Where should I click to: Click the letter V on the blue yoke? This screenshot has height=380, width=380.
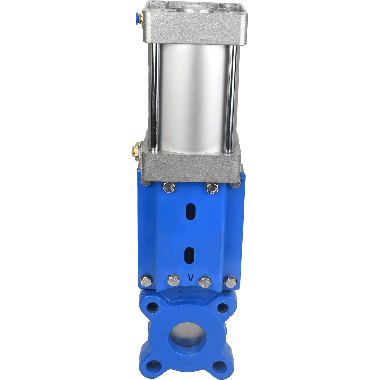[x=190, y=277]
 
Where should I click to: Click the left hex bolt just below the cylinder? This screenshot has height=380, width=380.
[x=169, y=187]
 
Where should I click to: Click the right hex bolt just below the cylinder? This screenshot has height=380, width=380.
[x=212, y=187]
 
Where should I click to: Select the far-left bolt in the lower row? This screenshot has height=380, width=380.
[x=146, y=281]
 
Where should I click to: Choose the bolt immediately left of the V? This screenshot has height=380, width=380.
[x=173, y=280]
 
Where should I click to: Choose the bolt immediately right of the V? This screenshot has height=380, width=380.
[x=205, y=281]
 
